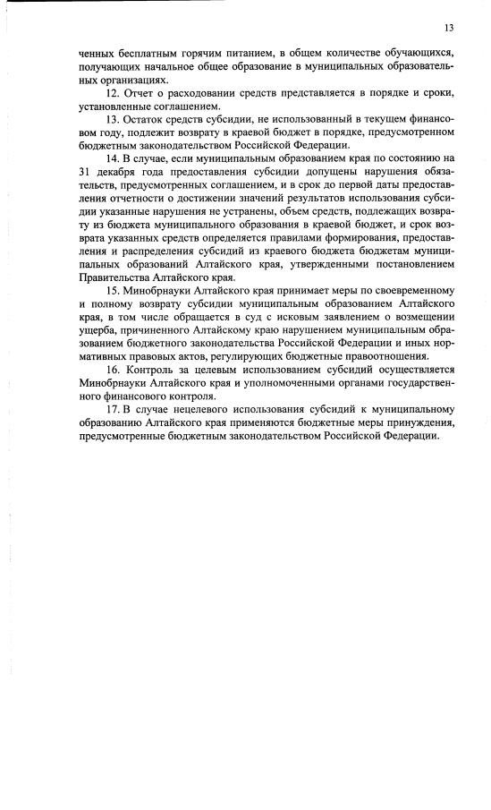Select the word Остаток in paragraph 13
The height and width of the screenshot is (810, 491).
pyautogui.click(x=148, y=120)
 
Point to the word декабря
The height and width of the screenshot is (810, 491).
pyautogui.click(x=117, y=173)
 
